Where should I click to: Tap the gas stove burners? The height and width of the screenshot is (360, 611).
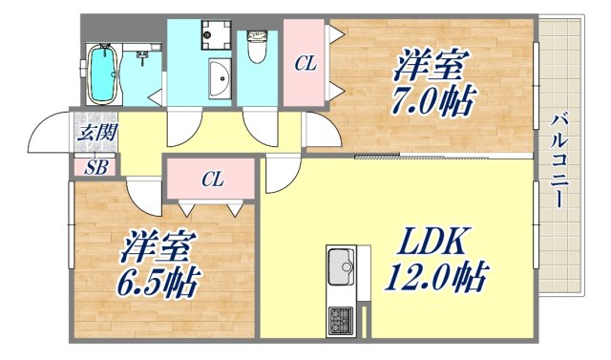[340, 320]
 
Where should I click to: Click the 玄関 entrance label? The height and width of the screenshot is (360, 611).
[93, 133]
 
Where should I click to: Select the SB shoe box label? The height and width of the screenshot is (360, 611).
[96, 168]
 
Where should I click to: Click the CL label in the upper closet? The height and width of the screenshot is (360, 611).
[305, 64]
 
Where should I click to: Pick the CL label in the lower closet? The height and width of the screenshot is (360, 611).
[212, 179]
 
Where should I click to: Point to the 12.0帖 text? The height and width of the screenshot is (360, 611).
[435, 280]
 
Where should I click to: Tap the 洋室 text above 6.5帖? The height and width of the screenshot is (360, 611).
[157, 248]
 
